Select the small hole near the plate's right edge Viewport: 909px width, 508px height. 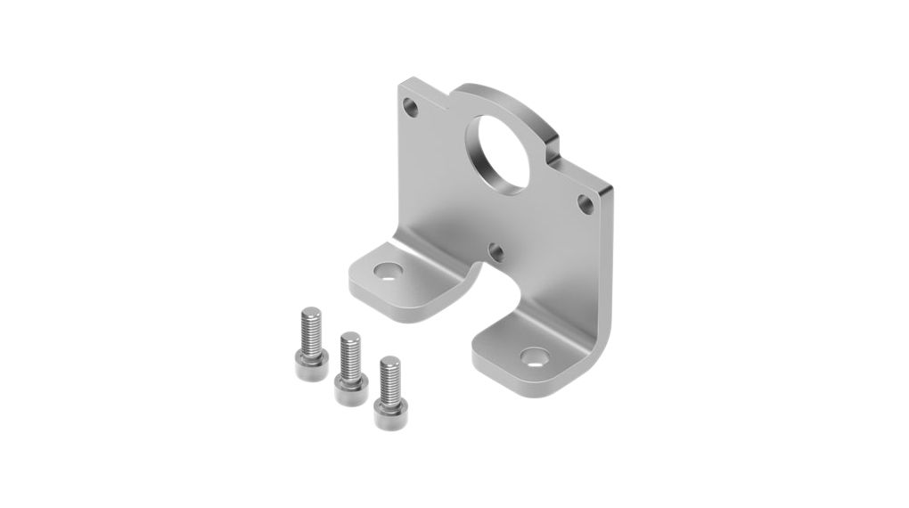click(x=586, y=203)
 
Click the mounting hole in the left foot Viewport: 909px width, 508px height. click(x=388, y=269)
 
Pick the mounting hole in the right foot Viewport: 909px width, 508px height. click(x=536, y=360)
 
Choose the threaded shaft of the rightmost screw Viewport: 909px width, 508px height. click(x=389, y=375)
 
